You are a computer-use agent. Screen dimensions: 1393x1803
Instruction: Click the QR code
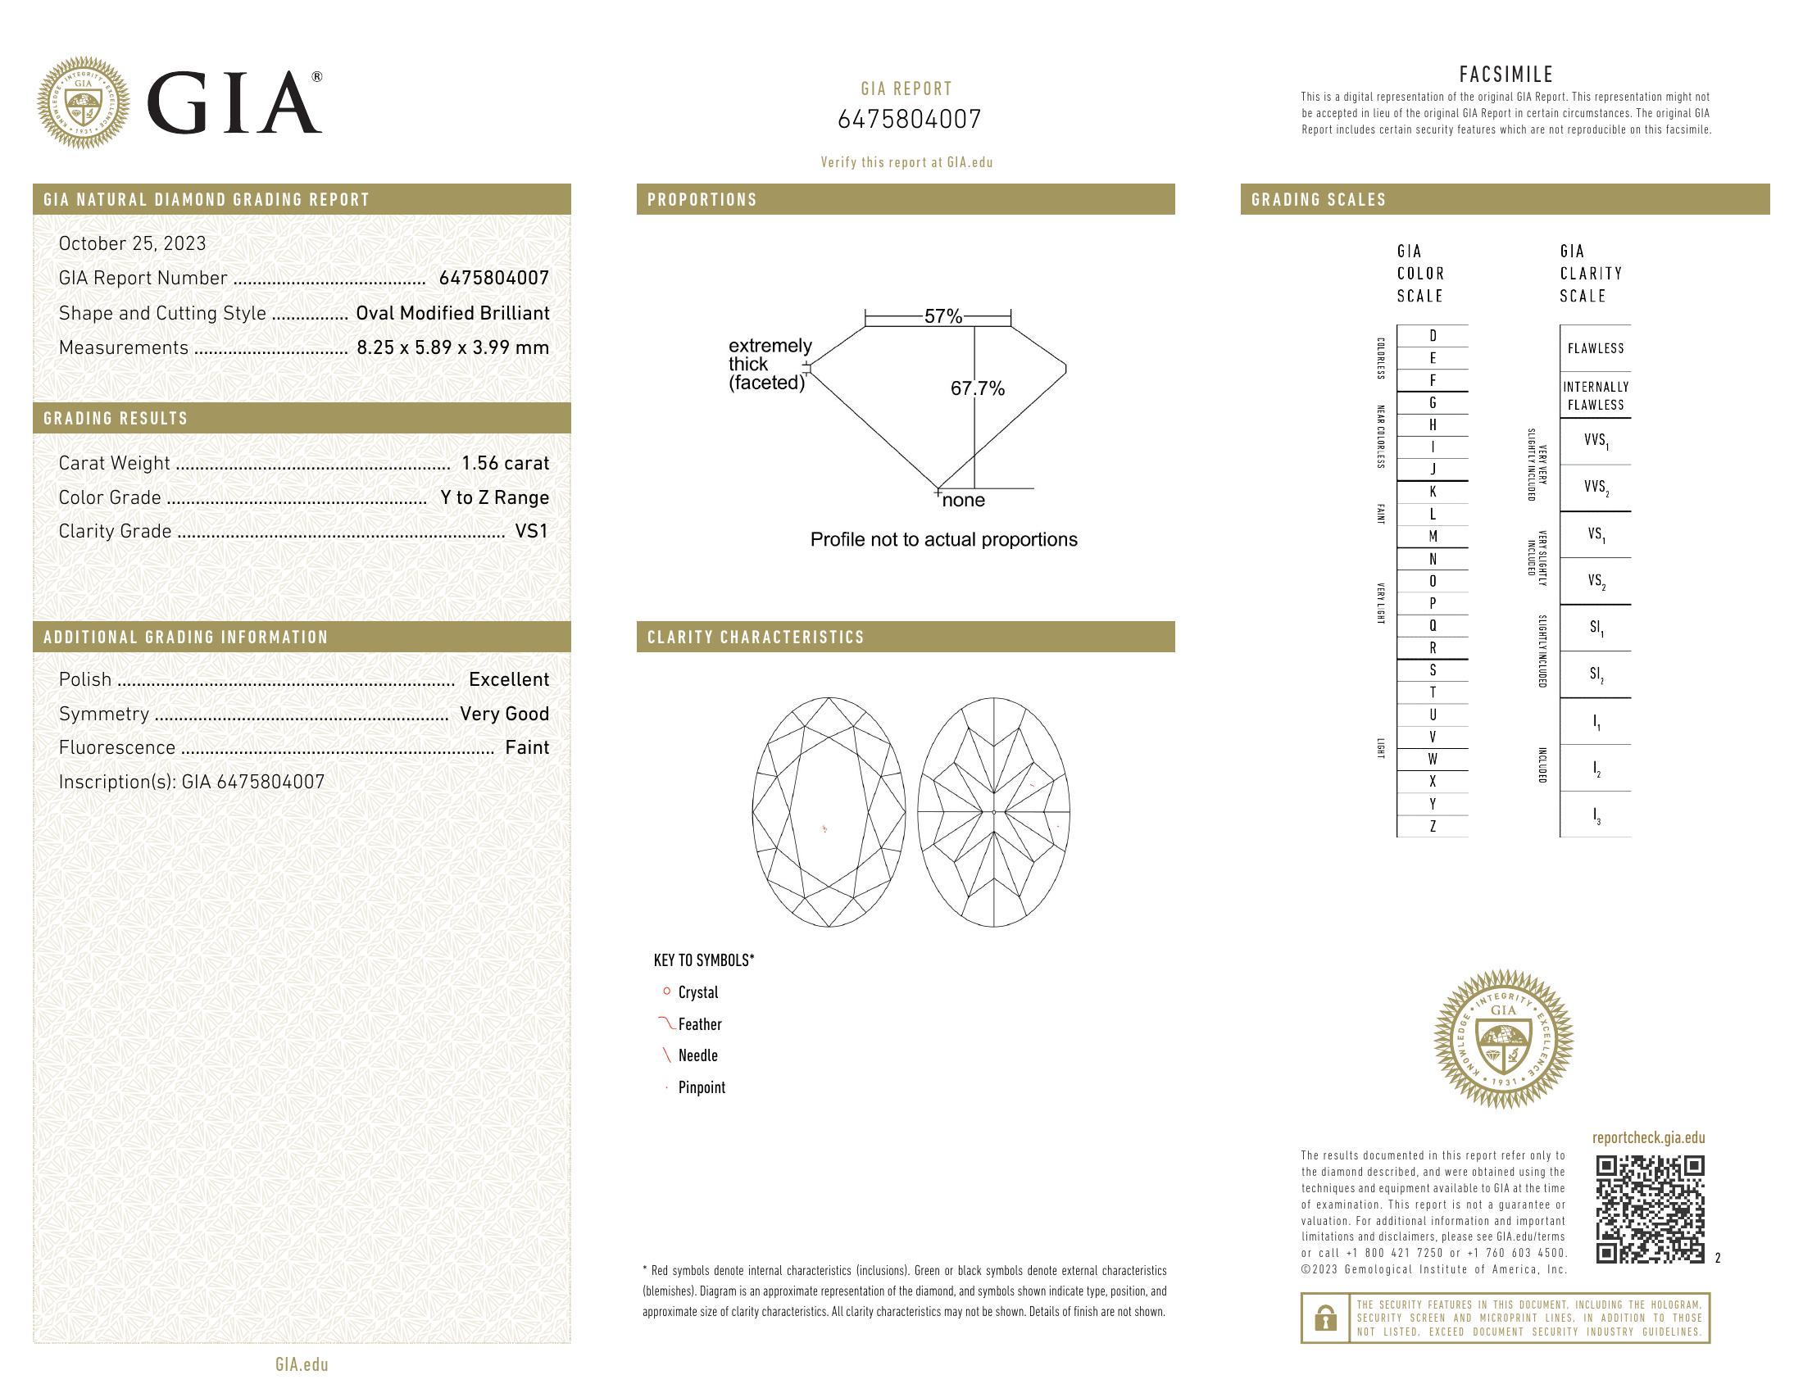[x=1650, y=1209]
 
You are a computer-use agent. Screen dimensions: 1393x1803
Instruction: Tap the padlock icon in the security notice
[x=1325, y=1318]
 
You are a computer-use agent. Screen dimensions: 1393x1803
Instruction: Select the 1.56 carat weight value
[x=504, y=463]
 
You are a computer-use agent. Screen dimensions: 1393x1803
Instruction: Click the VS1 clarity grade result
[x=531, y=532]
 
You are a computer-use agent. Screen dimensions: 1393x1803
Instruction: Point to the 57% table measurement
[x=942, y=316]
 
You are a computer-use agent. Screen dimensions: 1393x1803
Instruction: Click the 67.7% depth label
[x=978, y=388]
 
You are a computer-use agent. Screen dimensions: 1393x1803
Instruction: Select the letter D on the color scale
[x=1433, y=336]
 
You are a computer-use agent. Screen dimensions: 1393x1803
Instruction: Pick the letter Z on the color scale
[x=1433, y=826]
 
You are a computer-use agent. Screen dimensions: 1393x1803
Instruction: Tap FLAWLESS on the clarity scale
[x=1595, y=348]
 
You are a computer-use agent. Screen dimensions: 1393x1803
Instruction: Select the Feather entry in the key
[x=699, y=1024]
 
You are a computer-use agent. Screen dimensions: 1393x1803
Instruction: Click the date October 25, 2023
[x=132, y=243]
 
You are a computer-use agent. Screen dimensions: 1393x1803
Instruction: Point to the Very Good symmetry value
[x=503, y=714]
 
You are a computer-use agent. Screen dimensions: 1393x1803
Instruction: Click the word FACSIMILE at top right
[x=1506, y=75]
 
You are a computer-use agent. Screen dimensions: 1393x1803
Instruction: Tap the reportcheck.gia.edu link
[x=1648, y=1138]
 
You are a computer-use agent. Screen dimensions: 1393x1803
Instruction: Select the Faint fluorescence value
[x=527, y=747]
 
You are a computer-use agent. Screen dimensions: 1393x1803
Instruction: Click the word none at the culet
[x=964, y=500]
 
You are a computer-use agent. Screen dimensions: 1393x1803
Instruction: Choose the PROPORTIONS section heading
[x=702, y=200]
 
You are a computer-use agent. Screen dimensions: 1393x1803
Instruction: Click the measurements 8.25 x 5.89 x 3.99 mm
[x=452, y=347]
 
